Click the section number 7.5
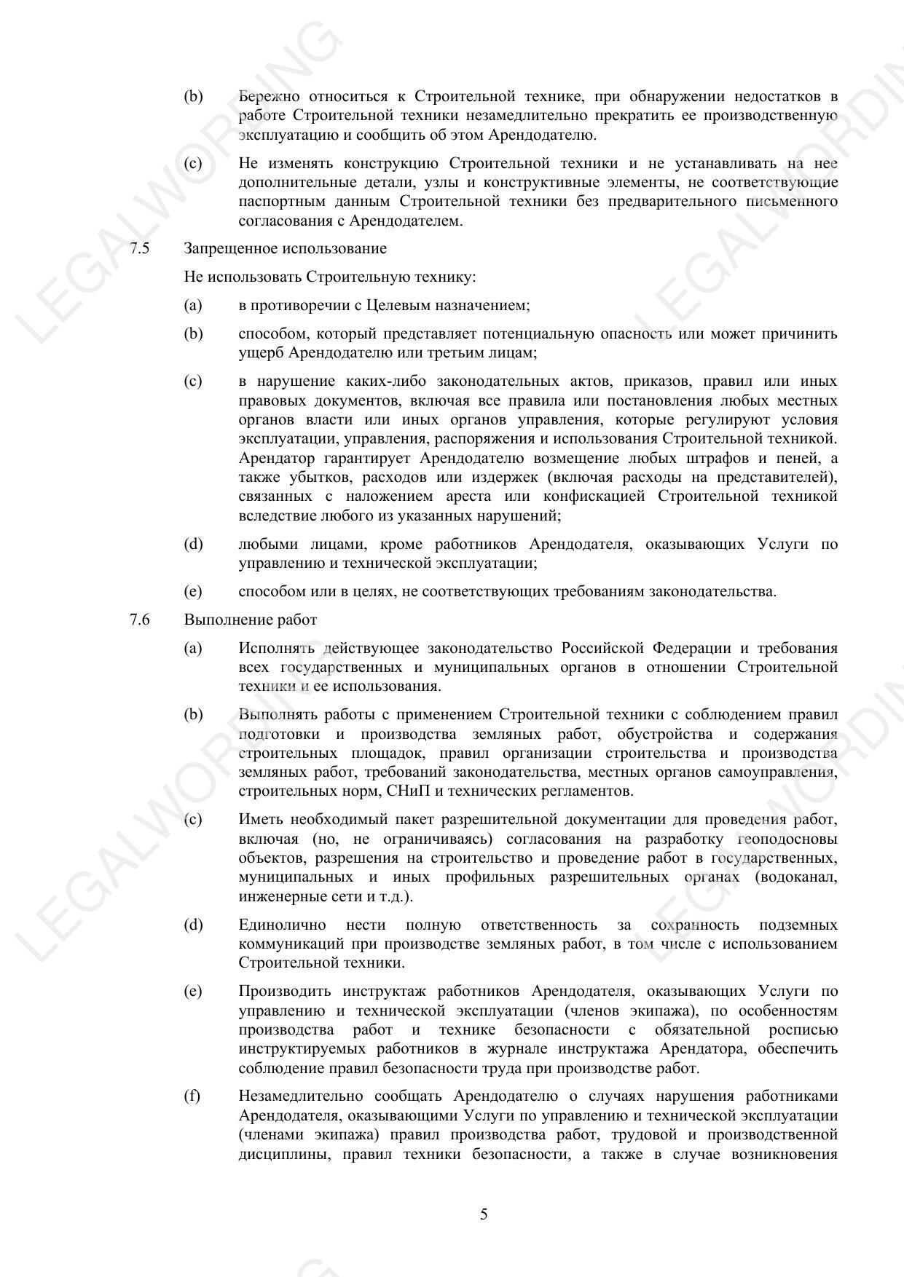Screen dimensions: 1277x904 point(140,249)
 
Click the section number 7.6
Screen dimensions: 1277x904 point(140,620)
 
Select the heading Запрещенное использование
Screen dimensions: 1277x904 point(285,249)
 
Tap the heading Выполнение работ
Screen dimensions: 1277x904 point(250,620)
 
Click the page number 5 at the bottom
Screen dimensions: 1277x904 point(484,1214)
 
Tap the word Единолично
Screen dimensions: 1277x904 point(282,925)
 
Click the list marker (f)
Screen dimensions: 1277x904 point(192,1096)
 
